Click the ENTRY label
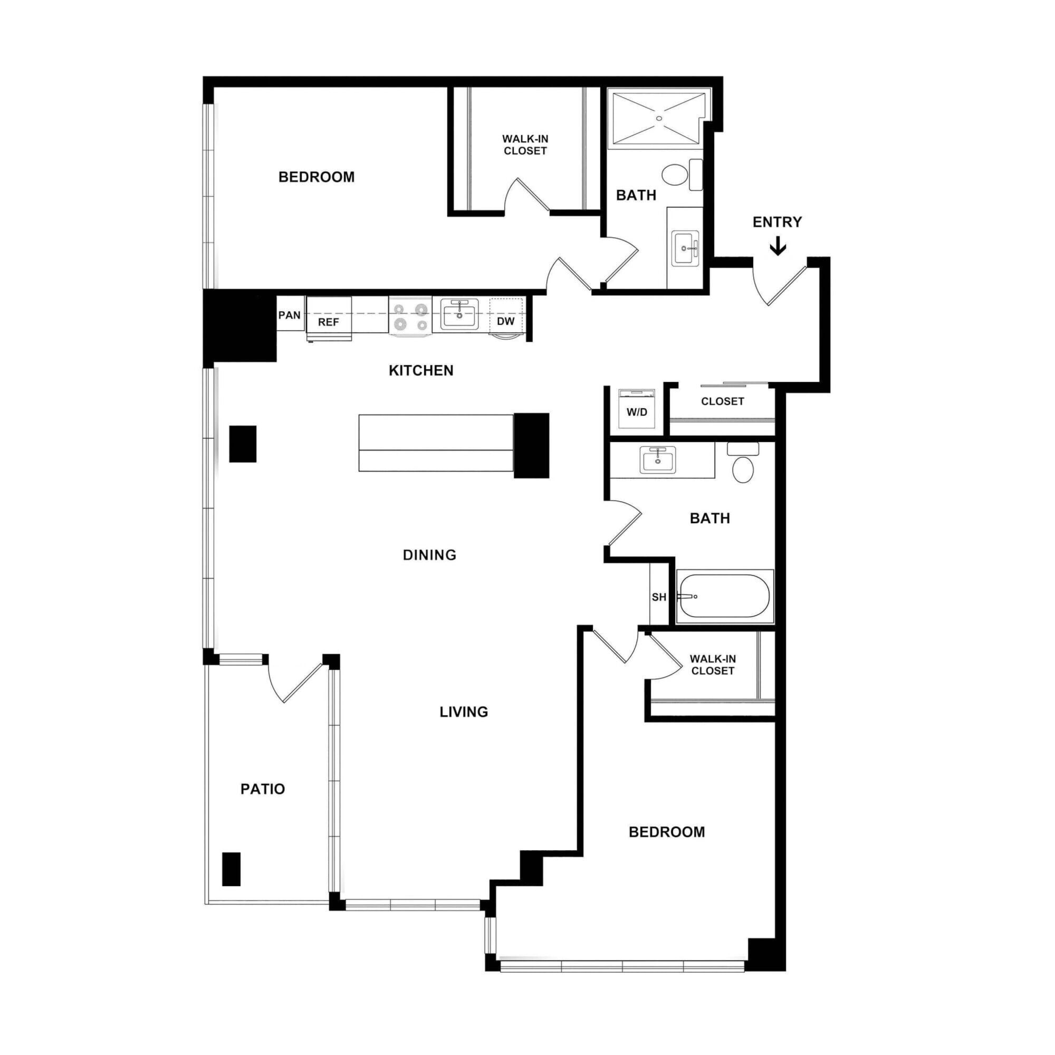pyautogui.click(x=776, y=222)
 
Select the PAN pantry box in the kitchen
pyautogui.click(x=290, y=314)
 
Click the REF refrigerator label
pyautogui.click(x=328, y=322)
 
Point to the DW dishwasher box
pyautogui.click(x=506, y=321)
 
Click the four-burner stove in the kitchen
pyautogui.click(x=410, y=316)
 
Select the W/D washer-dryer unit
pyautogui.click(x=637, y=409)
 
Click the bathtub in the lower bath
pyautogui.click(x=724, y=596)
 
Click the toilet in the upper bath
pyautogui.click(x=675, y=175)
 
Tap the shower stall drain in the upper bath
pyautogui.click(x=658, y=119)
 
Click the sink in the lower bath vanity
pyautogui.click(x=658, y=459)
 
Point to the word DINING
pyautogui.click(x=429, y=555)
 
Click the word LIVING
pyautogui.click(x=464, y=712)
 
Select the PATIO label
pyautogui.click(x=263, y=789)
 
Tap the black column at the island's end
pyautogui.click(x=531, y=445)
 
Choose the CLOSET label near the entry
pyautogui.click(x=722, y=401)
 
